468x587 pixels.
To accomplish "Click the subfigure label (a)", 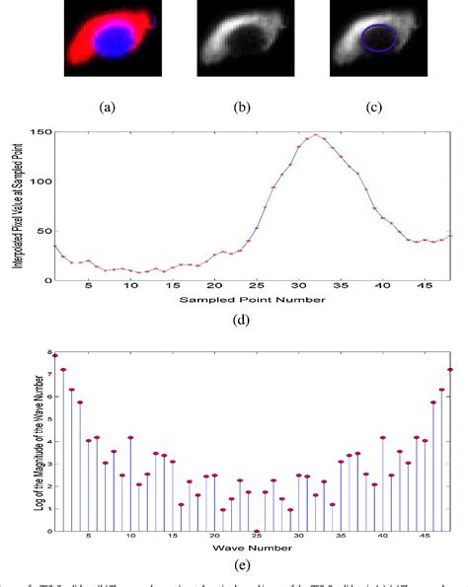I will pyautogui.click(x=117, y=105).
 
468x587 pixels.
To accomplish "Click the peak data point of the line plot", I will pyautogui.click(x=317, y=135).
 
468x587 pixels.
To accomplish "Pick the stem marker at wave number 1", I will pyautogui.click(x=55, y=355).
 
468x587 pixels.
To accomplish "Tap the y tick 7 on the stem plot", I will pyautogui.click(x=44, y=376).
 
